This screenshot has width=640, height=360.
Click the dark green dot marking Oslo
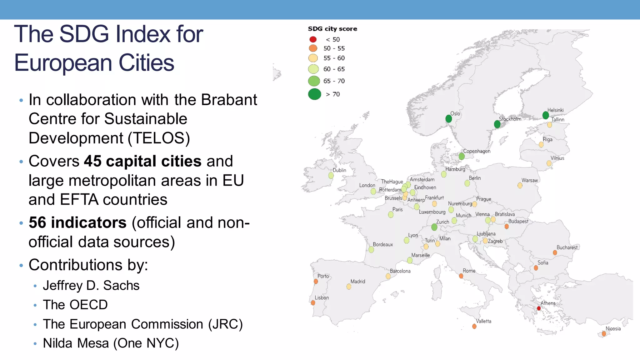click(x=449, y=119)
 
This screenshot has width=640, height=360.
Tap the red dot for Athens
click(x=539, y=308)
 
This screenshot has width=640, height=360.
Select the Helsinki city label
click(x=555, y=110)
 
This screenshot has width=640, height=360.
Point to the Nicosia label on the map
click(x=613, y=328)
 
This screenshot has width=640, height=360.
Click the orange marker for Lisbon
click(x=313, y=303)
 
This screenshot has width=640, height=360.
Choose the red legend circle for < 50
click(x=313, y=39)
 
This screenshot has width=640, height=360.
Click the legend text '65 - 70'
click(x=334, y=81)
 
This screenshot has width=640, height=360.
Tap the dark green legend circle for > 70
click(x=314, y=94)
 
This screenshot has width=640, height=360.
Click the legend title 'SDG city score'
click(x=332, y=29)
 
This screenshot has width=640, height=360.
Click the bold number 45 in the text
click(x=92, y=161)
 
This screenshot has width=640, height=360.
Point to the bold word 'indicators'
click(x=89, y=222)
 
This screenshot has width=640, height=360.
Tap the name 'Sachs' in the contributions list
click(x=121, y=285)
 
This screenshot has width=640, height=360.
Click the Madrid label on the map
click(x=358, y=281)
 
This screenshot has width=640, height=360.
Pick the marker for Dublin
click(x=331, y=176)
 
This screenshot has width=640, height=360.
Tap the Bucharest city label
click(x=567, y=247)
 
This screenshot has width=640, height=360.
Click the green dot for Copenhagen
click(x=462, y=156)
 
